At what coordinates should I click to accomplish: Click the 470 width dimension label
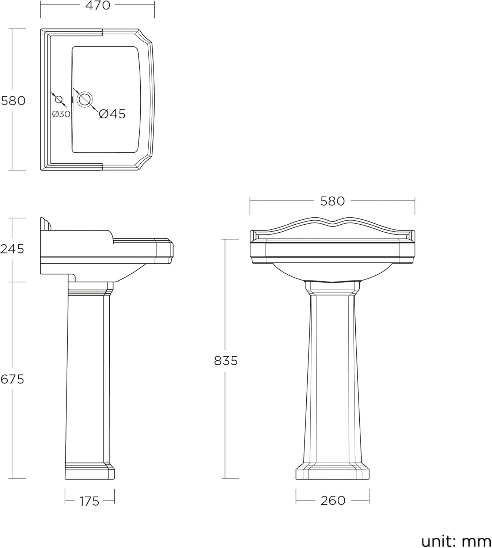click(97, 5)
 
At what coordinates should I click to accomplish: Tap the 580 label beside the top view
click(13, 100)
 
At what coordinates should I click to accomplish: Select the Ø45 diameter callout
click(112, 114)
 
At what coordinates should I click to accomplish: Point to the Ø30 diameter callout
click(61, 114)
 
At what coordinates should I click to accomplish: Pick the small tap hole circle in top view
click(58, 99)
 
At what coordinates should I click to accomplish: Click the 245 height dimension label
click(12, 249)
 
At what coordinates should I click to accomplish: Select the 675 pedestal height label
click(12, 379)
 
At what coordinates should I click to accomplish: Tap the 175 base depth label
click(89, 501)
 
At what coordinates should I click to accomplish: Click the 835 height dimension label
click(226, 361)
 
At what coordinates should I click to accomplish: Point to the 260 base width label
click(333, 501)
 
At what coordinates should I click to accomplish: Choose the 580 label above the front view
click(332, 201)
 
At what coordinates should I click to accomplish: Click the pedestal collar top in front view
click(332, 288)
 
